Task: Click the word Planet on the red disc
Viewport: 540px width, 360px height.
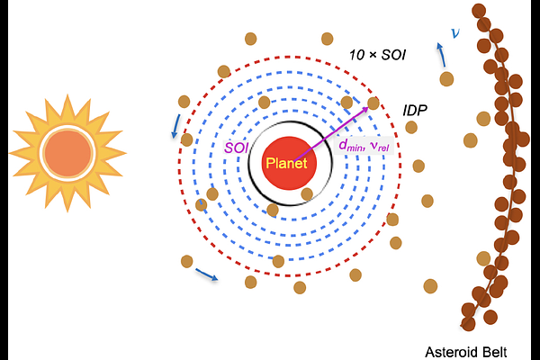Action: (x=286, y=163)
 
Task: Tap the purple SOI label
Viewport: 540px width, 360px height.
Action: (x=236, y=148)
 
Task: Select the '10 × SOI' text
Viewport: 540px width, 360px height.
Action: (x=377, y=55)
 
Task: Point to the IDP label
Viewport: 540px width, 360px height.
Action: (x=415, y=110)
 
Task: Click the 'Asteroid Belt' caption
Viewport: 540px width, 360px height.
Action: (x=466, y=353)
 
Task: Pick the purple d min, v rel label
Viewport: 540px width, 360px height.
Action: (x=364, y=146)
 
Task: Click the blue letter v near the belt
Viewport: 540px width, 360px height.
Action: (x=455, y=33)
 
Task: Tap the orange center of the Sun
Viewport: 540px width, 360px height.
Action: (x=67, y=153)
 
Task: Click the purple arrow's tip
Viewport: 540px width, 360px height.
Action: (x=368, y=107)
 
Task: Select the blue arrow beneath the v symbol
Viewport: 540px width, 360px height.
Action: (x=441, y=54)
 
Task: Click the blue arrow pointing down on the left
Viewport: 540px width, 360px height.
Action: (x=176, y=126)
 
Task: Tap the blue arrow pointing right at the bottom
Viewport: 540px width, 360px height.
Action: (x=207, y=274)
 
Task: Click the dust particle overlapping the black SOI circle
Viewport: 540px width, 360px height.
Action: (x=307, y=194)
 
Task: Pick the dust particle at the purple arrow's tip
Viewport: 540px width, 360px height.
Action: (x=373, y=103)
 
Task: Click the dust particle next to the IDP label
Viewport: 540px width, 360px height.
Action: (x=411, y=127)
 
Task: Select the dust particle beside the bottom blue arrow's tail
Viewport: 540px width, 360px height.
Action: (x=186, y=262)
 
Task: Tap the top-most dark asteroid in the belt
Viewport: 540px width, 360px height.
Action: (x=479, y=11)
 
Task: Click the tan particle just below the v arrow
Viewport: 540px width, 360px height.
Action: (x=446, y=79)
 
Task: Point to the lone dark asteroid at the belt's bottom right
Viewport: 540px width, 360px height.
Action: (x=490, y=317)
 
